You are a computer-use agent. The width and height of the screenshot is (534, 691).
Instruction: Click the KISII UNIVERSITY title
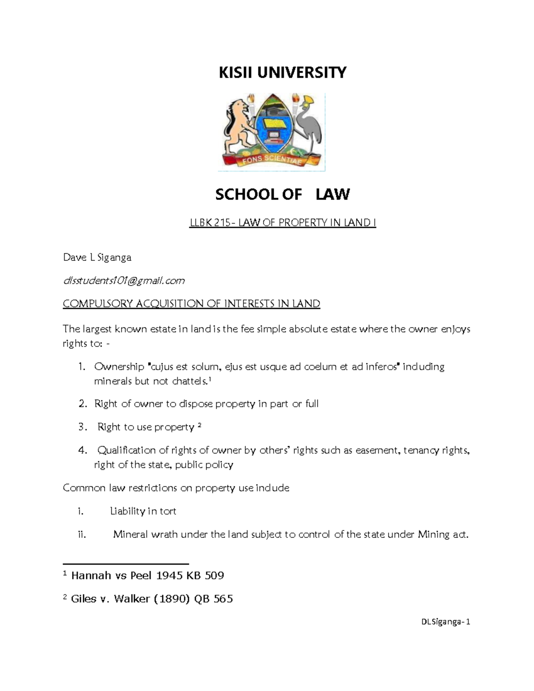pyautogui.click(x=282, y=72)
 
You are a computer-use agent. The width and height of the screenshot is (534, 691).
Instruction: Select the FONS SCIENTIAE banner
pyautogui.click(x=272, y=159)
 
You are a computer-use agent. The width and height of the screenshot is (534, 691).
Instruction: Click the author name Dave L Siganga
pyautogui.click(x=97, y=258)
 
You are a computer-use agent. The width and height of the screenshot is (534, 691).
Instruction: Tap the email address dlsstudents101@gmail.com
pyautogui.click(x=124, y=281)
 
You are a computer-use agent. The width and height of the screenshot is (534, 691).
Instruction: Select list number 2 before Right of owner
pyautogui.click(x=82, y=404)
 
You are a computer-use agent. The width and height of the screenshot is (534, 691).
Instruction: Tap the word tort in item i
pyautogui.click(x=168, y=511)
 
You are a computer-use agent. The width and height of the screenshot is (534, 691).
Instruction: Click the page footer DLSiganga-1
pyautogui.click(x=445, y=622)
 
